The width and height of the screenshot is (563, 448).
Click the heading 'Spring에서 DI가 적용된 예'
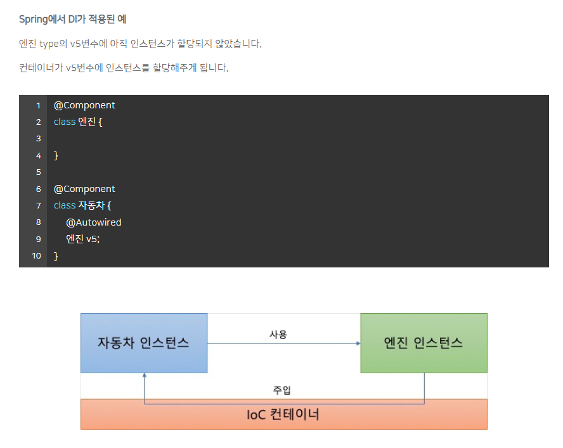[73, 19]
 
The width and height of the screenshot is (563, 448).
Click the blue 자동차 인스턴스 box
[143, 343]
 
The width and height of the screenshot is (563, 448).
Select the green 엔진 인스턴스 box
[424, 343]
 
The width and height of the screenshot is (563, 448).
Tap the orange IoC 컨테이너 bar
[283, 415]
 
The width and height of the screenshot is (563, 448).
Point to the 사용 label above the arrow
[278, 334]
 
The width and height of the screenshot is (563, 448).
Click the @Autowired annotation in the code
[93, 222]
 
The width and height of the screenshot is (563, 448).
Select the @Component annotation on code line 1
[84, 105]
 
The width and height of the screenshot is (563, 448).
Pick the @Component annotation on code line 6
[84, 189]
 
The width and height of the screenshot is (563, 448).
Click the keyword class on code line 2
[65, 122]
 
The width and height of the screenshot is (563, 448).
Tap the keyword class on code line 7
[65, 205]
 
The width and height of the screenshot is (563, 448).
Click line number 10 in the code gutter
[36, 256]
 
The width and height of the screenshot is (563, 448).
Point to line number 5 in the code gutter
[38, 172]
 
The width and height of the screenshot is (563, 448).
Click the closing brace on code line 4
[56, 155]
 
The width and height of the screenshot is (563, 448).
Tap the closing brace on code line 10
[56, 256]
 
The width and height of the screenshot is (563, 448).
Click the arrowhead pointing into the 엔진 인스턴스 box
[358, 343]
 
